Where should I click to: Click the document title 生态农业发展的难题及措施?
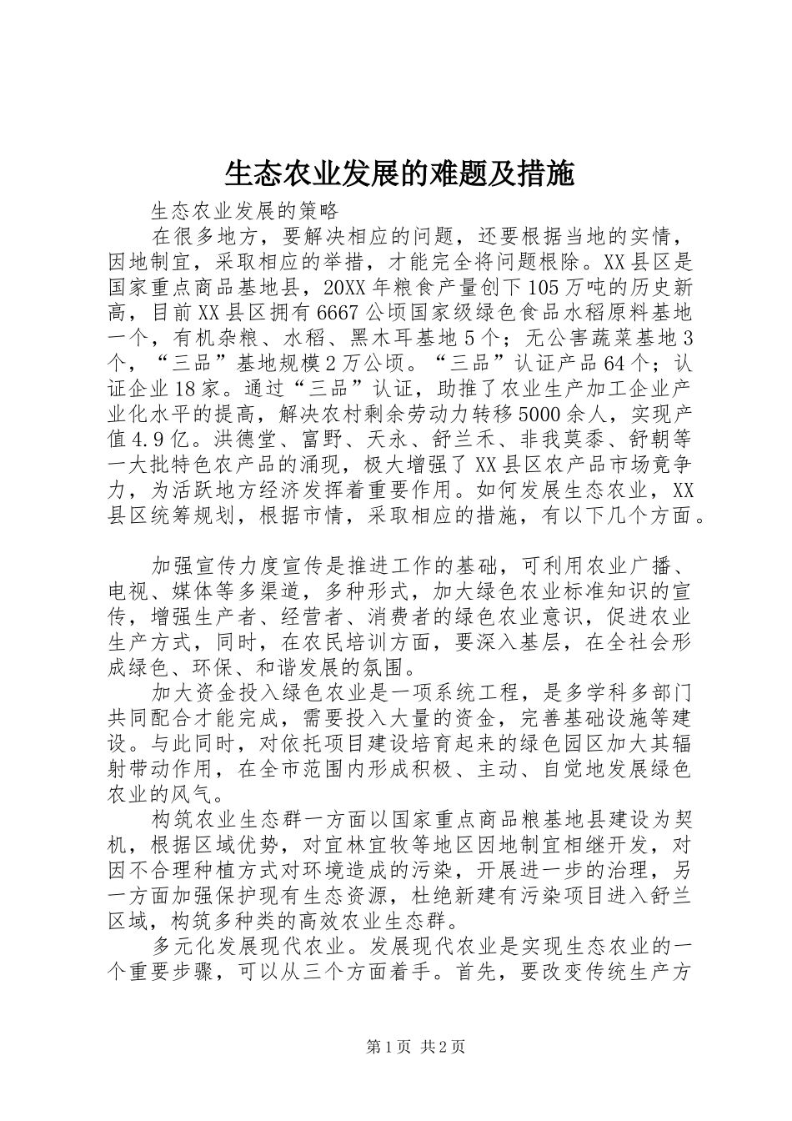click(x=399, y=173)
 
